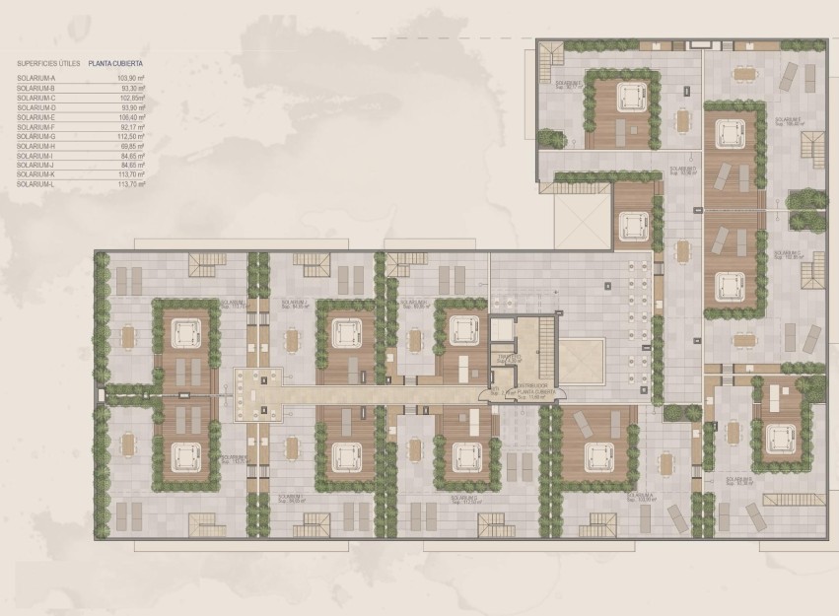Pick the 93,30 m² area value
(132, 86)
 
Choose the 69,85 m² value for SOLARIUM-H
(132, 147)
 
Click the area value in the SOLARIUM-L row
(131, 183)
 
